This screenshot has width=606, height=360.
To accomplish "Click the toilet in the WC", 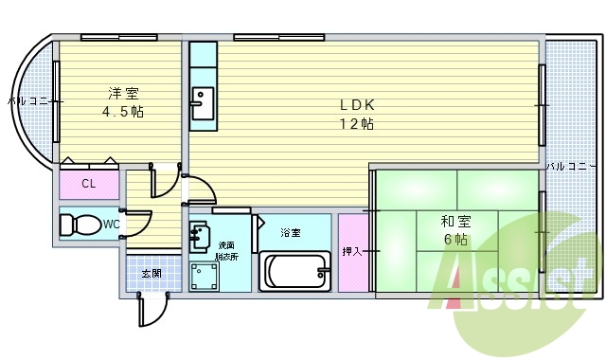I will (x=79, y=225).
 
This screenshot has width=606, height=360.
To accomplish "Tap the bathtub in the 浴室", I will (x=294, y=271).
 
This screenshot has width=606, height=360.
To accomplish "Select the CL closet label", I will (x=88, y=184).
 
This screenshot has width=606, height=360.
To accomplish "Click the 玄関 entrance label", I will (x=151, y=274).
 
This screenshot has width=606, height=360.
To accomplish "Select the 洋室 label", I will (x=124, y=93).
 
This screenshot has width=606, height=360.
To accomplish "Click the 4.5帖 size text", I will (x=124, y=111).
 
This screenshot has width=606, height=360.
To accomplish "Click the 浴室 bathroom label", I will (x=290, y=232).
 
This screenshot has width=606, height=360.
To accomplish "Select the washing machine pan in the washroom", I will (x=204, y=276).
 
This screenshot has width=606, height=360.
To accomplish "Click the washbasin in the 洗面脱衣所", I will (x=200, y=232).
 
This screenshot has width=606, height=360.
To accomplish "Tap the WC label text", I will (x=111, y=225).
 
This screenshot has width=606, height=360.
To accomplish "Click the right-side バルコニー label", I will (x=570, y=166).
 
